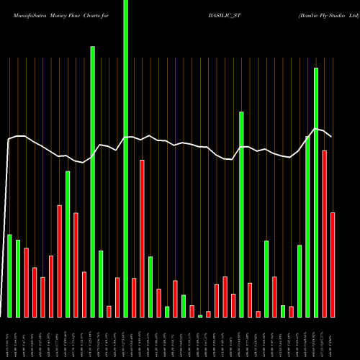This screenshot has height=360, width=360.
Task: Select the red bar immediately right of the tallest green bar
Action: tap(134, 297)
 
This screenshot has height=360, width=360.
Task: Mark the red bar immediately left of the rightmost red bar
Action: tap(325, 233)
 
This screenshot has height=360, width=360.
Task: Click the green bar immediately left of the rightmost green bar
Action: tap(308, 226)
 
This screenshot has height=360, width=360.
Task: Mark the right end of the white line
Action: tap(332, 136)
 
